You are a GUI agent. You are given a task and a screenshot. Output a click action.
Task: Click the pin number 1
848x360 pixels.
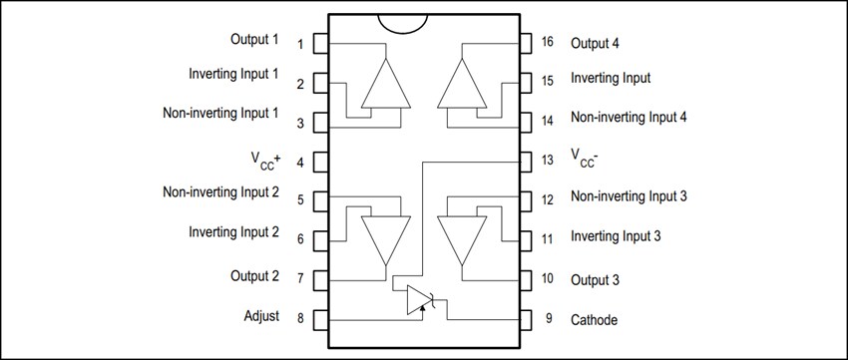(x=300, y=44)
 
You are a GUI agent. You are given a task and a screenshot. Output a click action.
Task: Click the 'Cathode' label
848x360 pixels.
(x=594, y=320)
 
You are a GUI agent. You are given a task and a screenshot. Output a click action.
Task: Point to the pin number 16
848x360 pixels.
(x=548, y=43)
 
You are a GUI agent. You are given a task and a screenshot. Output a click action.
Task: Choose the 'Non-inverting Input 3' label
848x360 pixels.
(x=629, y=196)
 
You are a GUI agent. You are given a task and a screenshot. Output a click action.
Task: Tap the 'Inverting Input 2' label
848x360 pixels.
(x=233, y=232)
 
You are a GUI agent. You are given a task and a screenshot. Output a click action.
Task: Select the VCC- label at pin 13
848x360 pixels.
(x=584, y=158)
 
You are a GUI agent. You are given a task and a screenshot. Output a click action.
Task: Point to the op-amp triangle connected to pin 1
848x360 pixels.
(x=385, y=84)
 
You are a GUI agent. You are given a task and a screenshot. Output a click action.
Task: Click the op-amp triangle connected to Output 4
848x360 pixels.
(x=461, y=84)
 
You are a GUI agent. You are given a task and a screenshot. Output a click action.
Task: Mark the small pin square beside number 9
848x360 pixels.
(x=527, y=319)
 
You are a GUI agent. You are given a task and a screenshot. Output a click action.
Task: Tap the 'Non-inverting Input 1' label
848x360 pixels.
(x=220, y=113)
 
